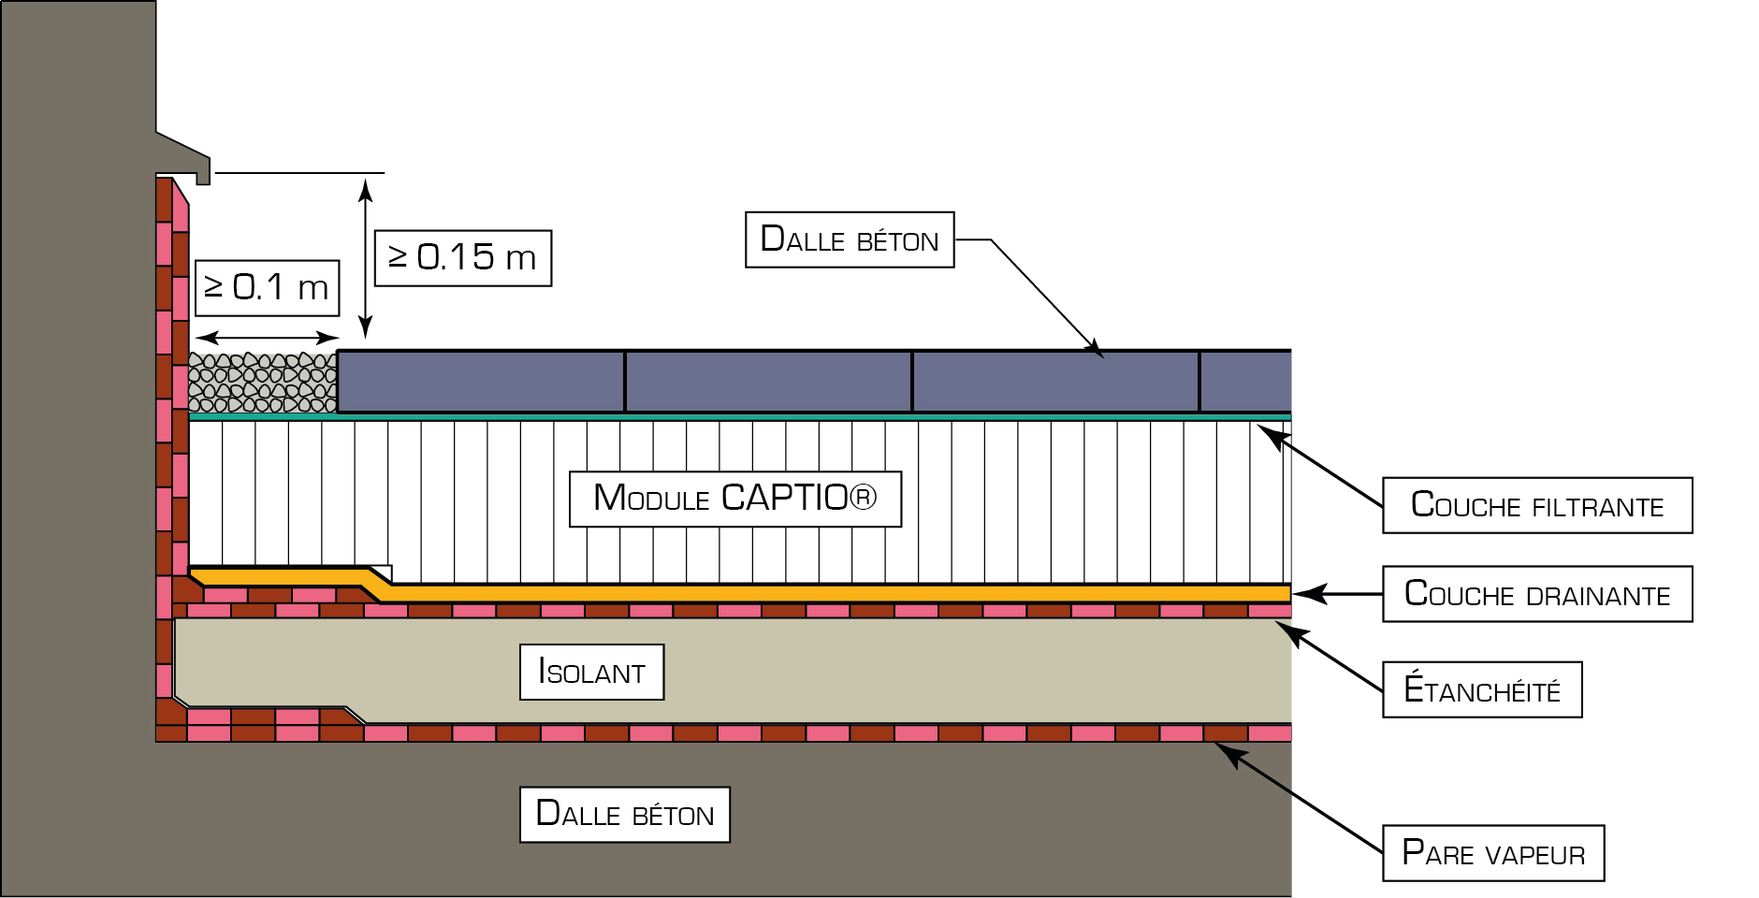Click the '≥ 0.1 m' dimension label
coord(267,288)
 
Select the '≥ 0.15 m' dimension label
coord(463,257)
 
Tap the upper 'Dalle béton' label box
coord(850,239)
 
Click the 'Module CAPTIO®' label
coord(735,499)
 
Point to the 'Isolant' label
coord(591,672)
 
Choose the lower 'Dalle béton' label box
coord(625,814)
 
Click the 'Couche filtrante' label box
coord(1537,505)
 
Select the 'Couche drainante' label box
coord(1537,594)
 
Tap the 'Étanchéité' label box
coord(1482,689)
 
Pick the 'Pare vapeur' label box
coord(1493,853)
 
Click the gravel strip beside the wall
coord(263,383)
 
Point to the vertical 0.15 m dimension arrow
coord(366,259)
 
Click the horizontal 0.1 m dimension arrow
coord(267,338)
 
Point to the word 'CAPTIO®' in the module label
coord(800,498)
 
